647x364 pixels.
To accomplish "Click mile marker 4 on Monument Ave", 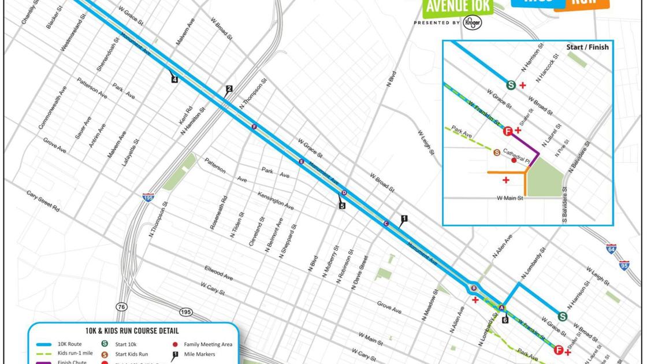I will point(174,79).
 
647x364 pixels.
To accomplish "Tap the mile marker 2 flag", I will point(229,89).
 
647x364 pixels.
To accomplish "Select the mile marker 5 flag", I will point(342,205).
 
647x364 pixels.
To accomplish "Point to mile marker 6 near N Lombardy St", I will point(505,320).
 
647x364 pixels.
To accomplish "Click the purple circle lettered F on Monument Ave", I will point(254,127).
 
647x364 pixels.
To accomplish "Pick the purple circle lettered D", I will point(344,192).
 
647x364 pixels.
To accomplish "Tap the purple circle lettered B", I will point(474,288).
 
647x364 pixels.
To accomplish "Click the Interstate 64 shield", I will point(611,249).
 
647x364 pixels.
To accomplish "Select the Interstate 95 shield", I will point(624,265).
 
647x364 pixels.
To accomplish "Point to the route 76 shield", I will point(121,307).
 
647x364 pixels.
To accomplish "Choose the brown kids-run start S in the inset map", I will point(497,153).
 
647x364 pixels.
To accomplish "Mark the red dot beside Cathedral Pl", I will point(514,160).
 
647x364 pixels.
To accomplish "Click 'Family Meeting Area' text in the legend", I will point(208,344).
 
